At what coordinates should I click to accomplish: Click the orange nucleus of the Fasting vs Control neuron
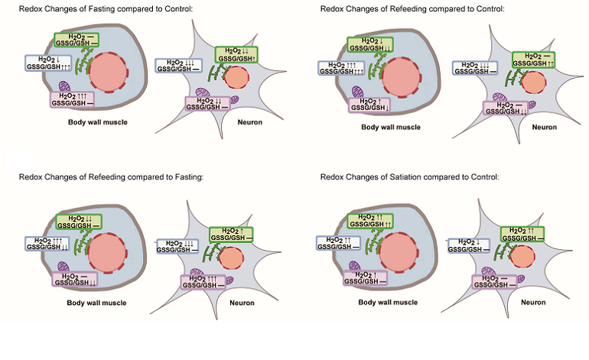coord(236,76)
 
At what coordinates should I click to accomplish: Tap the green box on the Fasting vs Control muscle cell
coord(76,41)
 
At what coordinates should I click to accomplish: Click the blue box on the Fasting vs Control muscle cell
coord(48,63)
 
